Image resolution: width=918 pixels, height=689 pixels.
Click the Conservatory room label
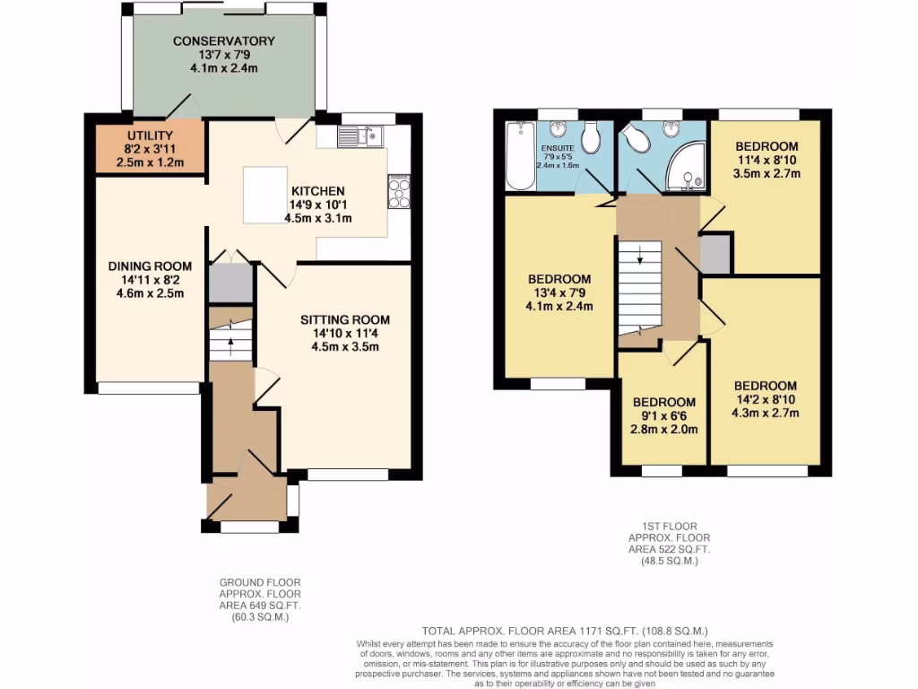tap(223, 41)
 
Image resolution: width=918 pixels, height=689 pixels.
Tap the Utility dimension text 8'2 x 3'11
tap(150, 149)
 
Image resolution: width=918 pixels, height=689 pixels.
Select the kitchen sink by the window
tap(360, 136)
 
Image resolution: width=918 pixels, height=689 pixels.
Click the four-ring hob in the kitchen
tap(399, 191)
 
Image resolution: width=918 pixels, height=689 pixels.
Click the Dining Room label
tap(150, 266)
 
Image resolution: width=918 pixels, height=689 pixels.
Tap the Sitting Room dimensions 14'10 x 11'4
tap(345, 335)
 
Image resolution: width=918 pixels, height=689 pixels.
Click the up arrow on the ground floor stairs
tap(230, 341)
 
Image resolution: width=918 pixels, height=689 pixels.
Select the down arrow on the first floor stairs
tap(640, 260)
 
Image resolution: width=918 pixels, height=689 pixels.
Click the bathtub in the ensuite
tap(519, 157)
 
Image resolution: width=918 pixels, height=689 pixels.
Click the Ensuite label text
tap(557, 147)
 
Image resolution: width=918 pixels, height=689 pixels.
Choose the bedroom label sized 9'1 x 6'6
tap(664, 402)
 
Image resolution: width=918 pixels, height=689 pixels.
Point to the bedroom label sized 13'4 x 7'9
tap(559, 279)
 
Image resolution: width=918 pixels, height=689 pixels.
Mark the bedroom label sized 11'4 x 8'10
tap(766, 146)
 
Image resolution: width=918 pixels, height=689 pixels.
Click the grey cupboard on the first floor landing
tap(715, 253)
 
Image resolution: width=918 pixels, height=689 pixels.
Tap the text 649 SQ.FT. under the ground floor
tap(260, 606)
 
